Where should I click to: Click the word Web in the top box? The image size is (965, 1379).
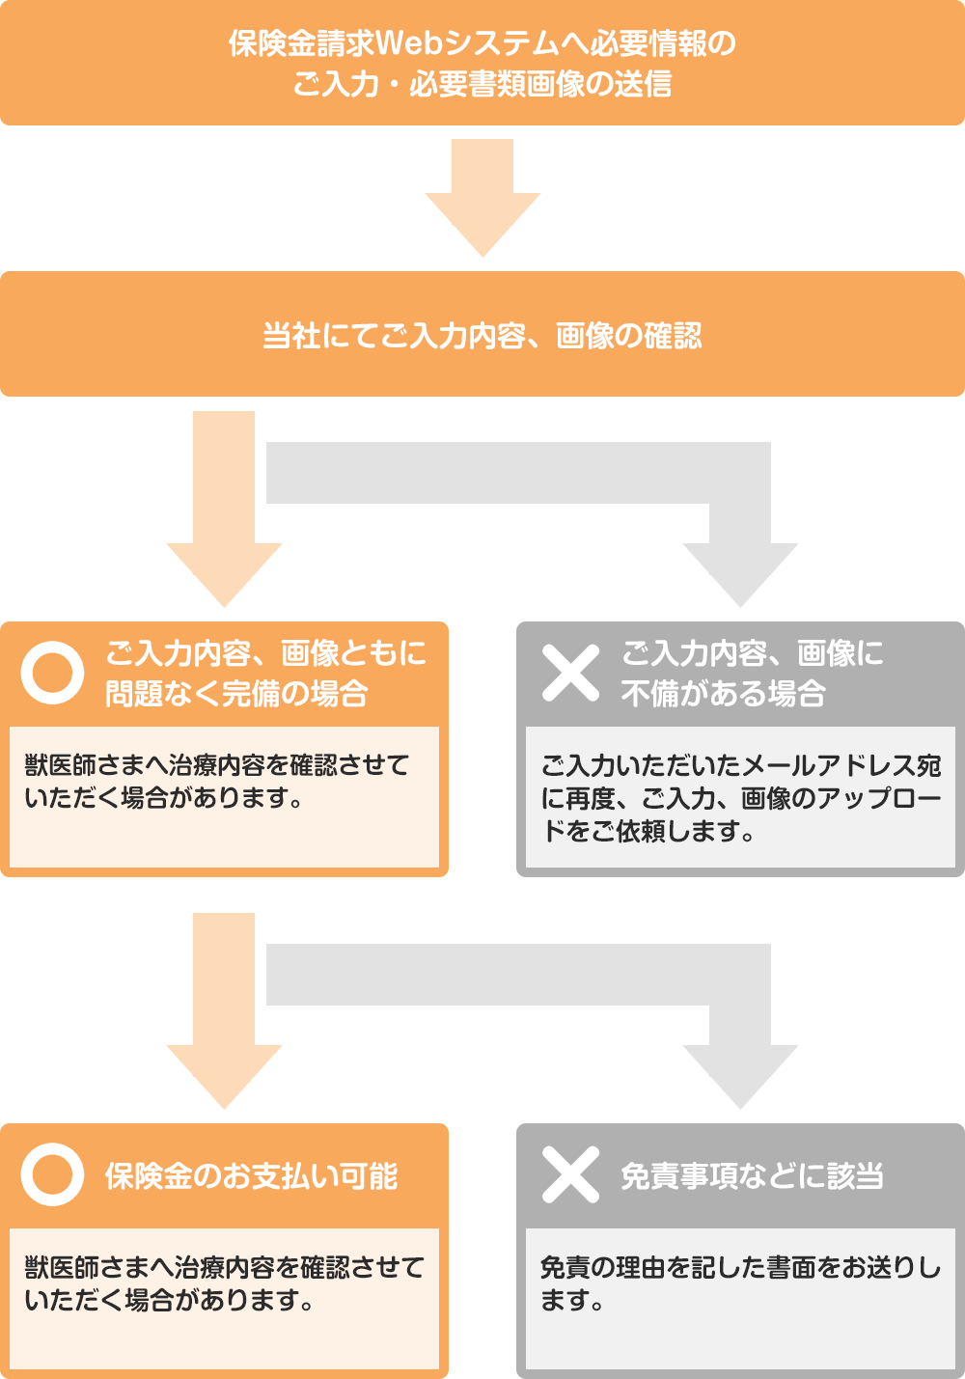tap(406, 44)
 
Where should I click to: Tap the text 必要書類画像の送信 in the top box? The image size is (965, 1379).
tap(540, 85)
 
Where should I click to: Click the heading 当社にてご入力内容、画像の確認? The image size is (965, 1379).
tap(482, 336)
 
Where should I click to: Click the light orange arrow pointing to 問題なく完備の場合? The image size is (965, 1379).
tap(224, 521)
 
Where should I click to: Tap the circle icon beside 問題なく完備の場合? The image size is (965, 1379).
tap(52, 673)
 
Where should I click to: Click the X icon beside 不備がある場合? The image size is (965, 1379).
tap(570, 673)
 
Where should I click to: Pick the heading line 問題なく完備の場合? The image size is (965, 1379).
tap(236, 694)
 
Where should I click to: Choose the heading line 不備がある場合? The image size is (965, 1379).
tap(723, 694)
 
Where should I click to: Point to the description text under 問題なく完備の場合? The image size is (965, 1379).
tap(217, 782)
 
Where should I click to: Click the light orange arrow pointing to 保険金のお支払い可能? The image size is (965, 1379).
tap(224, 1023)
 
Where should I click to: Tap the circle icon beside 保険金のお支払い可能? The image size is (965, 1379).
tap(52, 1174)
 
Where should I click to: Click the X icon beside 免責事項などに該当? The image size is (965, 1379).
tap(570, 1174)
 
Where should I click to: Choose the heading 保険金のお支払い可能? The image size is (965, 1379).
tap(251, 1176)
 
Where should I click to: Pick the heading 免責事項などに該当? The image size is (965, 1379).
tap(752, 1176)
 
